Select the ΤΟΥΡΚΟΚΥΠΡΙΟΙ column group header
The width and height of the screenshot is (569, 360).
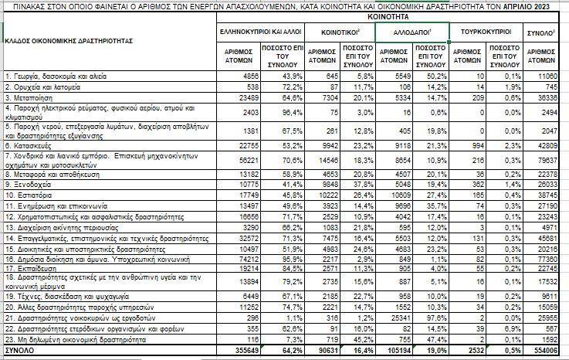[x=485, y=32]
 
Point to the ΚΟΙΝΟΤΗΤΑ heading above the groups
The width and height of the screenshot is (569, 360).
[x=389, y=15]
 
